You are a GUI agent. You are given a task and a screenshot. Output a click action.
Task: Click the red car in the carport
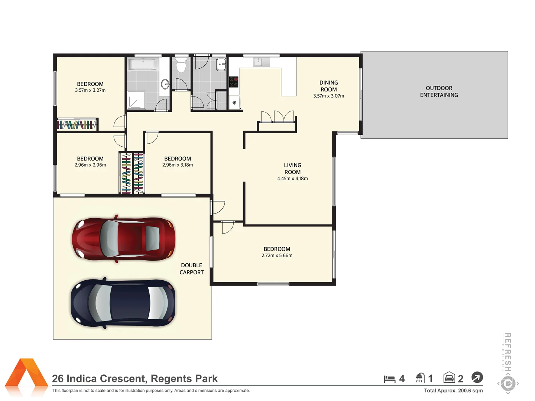123,238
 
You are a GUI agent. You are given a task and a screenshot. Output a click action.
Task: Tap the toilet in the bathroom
181,66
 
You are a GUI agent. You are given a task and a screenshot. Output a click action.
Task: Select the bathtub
143,64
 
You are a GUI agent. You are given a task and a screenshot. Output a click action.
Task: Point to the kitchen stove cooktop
233,82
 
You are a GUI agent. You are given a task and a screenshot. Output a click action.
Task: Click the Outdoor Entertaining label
439,92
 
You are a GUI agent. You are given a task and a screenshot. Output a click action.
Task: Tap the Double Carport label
191,269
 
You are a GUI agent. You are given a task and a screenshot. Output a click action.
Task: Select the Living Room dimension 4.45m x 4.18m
292,179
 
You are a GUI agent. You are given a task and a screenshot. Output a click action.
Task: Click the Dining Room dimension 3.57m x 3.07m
328,96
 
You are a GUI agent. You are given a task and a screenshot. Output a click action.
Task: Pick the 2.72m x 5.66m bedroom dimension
277,255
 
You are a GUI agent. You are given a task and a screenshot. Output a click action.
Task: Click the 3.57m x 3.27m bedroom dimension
90,90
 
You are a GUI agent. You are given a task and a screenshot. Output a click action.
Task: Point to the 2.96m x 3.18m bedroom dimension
178,165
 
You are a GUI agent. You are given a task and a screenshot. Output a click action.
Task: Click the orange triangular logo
26,376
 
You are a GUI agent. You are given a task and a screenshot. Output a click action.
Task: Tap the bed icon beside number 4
389,379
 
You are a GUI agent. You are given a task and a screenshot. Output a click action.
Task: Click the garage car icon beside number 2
449,378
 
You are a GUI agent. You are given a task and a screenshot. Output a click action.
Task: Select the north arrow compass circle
477,378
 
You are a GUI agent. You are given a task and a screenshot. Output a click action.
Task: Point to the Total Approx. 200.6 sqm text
453,391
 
